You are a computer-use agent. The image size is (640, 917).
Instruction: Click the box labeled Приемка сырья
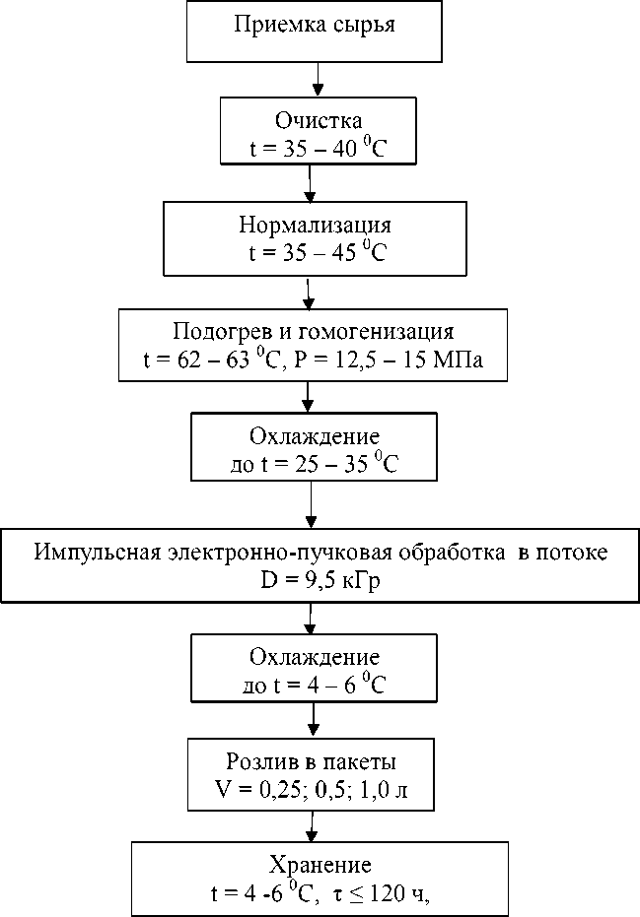coord(315,32)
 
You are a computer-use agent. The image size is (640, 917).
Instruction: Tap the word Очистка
coord(312,122)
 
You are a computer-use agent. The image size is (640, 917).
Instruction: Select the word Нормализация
coord(315,224)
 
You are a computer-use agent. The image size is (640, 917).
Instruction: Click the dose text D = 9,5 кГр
coord(320,582)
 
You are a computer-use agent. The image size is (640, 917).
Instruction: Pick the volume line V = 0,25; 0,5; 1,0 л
coord(313,790)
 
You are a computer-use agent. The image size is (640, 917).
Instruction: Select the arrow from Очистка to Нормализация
coord(311,181)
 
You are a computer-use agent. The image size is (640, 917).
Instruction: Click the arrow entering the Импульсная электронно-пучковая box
coord(312,504)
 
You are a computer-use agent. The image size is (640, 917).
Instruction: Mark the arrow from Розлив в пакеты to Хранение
coord(313,822)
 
